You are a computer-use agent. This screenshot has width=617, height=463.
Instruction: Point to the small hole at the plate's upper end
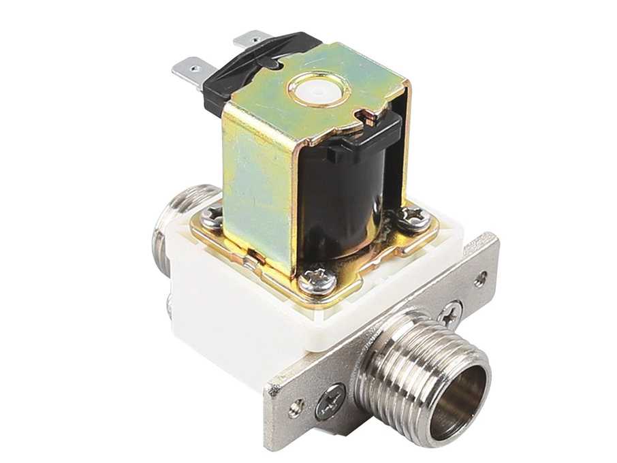tap(481, 277)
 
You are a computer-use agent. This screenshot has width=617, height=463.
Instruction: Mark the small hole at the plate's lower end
tap(295, 409)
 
